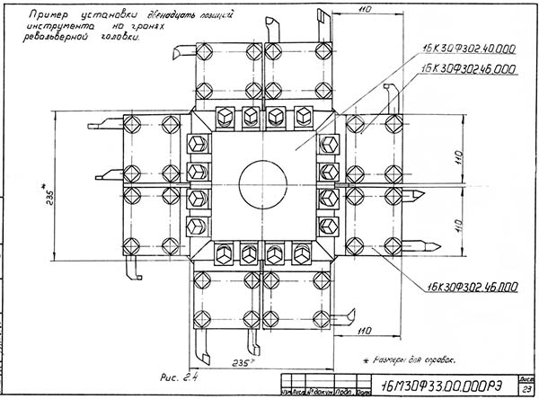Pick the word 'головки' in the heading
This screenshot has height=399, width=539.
122,39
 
